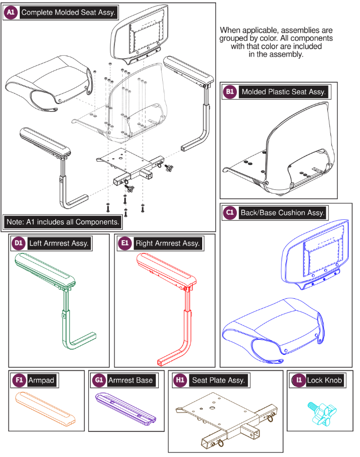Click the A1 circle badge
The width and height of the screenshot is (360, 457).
(11, 12)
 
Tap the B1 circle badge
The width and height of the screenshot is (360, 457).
(230, 92)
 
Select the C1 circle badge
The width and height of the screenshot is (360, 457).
(230, 212)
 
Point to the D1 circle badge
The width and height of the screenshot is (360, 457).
(19, 243)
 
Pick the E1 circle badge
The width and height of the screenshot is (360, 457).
(125, 243)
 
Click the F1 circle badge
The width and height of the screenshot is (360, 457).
(19, 380)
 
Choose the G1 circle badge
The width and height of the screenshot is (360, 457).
(99, 380)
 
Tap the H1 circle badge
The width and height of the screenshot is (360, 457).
(180, 380)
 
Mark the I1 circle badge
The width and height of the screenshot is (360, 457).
(299, 380)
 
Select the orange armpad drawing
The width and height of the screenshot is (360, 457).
(45, 409)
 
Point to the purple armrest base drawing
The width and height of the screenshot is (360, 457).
(126, 409)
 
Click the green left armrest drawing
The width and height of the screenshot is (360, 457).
(55, 301)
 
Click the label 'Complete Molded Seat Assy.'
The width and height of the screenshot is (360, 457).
(69, 12)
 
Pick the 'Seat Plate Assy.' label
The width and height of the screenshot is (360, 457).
(218, 381)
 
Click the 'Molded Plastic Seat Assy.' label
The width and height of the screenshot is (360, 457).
(284, 92)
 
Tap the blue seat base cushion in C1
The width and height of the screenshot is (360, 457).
(273, 330)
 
